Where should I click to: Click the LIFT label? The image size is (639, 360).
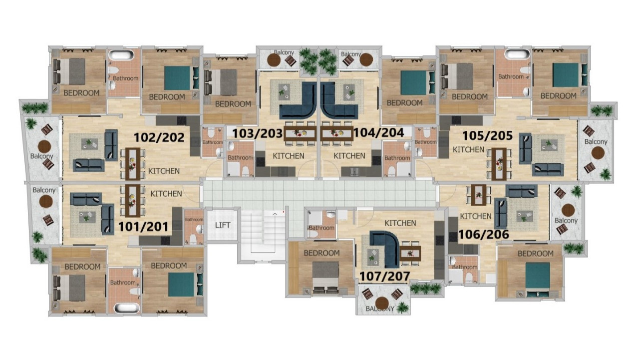[223, 225]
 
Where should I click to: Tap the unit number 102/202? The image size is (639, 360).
[159, 138]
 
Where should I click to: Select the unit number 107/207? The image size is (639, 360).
[384, 276]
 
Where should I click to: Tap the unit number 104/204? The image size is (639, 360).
[378, 133]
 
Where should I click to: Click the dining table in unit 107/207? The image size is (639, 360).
[410, 252]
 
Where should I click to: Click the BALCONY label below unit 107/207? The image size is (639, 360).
[380, 309]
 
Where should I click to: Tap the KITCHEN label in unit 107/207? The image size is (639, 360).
[400, 223]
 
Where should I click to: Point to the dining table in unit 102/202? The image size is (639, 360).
[132, 163]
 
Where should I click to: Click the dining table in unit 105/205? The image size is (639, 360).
[499, 164]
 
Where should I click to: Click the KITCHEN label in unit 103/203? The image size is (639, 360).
[288, 156]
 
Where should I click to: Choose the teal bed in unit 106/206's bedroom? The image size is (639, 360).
[537, 276]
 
